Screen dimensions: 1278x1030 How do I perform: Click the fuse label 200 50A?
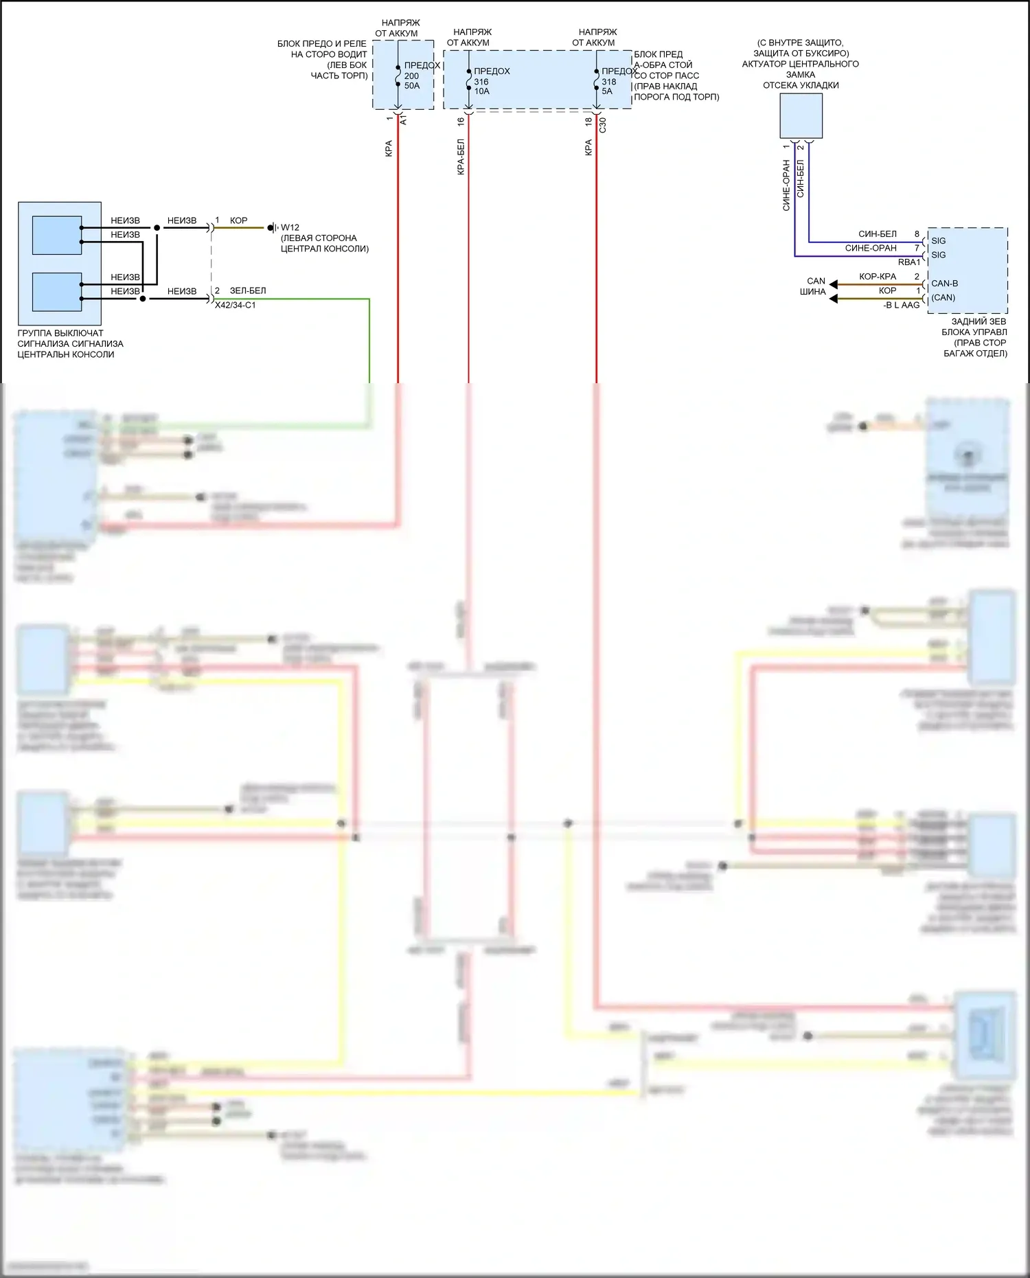coord(412,81)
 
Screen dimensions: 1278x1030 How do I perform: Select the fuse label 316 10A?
coord(482,87)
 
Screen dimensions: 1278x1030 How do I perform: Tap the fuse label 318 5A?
coord(608,87)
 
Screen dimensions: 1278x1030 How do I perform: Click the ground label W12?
coord(290,227)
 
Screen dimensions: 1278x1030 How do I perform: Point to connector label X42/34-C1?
coord(236,305)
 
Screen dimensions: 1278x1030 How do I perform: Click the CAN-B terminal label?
coord(944,283)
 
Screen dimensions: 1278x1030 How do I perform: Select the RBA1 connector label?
coord(908,262)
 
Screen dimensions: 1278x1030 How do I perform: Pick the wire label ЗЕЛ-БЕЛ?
coord(248,290)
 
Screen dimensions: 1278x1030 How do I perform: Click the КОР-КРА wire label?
coord(878,276)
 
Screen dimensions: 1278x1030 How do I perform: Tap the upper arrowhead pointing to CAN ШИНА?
coord(834,284)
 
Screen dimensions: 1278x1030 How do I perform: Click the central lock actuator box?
coord(801,116)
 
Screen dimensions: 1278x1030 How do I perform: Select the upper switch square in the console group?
coord(57,236)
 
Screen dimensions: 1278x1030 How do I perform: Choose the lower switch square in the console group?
coord(57,292)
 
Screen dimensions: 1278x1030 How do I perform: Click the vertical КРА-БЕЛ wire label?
coord(461,157)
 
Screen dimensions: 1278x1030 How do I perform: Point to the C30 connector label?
coord(603,125)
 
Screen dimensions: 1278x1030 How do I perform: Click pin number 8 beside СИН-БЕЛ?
coord(917,234)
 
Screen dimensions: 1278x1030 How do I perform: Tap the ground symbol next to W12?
coord(273,227)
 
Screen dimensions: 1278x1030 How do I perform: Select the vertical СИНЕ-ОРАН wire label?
coord(787,185)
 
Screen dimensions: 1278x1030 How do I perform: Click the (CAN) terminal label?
coord(943,297)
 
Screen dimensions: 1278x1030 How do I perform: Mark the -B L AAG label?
coord(901,305)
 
